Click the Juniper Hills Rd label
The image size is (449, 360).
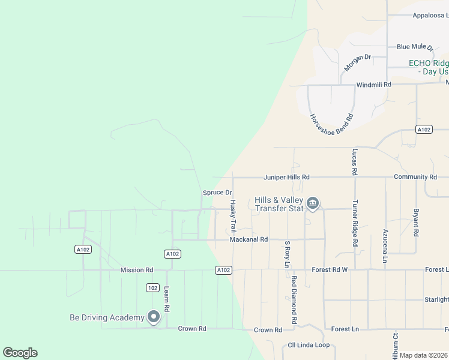click(x=286, y=178)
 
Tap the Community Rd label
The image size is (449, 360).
click(x=415, y=178)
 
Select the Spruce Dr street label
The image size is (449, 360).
click(x=217, y=193)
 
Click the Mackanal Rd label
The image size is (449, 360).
click(x=249, y=239)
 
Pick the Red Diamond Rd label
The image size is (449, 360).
click(x=294, y=301)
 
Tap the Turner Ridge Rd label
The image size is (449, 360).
click(x=355, y=223)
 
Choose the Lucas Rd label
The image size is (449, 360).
click(x=355, y=162)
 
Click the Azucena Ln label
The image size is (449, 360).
click(x=385, y=245)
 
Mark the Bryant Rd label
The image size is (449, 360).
click(x=415, y=223)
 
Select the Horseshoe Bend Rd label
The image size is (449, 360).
click(x=331, y=124)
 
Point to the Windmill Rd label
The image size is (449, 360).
click(x=373, y=85)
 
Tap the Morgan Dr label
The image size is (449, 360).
click(x=357, y=62)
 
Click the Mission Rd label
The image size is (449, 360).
click(x=137, y=271)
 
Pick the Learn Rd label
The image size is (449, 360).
click(x=167, y=299)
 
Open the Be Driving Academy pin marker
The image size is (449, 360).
click(x=153, y=316)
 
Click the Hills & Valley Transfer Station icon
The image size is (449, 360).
click(x=313, y=204)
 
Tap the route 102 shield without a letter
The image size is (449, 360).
click(x=152, y=288)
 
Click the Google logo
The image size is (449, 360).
click(x=20, y=353)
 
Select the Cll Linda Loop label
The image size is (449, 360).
click(x=309, y=345)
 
